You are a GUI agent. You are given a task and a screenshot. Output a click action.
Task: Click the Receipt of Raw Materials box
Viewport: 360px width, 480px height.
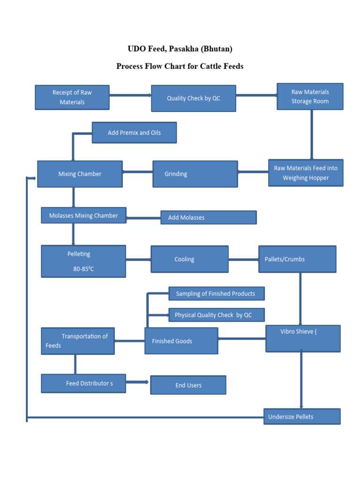coord(72,97)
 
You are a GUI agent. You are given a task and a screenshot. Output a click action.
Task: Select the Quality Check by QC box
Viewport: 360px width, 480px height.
coord(193,98)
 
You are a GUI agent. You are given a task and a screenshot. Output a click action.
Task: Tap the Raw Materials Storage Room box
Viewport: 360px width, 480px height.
coord(310,97)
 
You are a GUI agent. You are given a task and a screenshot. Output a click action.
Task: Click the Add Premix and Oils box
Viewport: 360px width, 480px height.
coord(134,133)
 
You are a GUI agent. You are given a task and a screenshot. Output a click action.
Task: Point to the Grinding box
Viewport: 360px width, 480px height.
coord(195,174)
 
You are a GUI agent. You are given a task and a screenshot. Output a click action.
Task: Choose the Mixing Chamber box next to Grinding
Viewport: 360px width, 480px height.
coord(80,174)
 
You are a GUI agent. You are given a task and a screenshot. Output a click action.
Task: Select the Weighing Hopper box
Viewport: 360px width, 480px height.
coord(306,173)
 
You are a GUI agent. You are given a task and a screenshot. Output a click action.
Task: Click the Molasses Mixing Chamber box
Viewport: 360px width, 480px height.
coord(83,216)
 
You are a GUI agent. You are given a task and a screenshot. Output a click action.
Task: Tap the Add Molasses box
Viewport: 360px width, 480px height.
coord(208,217)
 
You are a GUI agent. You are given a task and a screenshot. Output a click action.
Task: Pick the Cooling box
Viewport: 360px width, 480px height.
coord(189,259)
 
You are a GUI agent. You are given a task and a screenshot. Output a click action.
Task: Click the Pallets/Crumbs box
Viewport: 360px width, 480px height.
coord(297,259)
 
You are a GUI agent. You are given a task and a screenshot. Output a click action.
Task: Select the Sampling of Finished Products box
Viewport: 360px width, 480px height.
coord(216,294)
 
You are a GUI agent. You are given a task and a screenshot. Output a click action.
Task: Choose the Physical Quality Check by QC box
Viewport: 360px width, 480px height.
coord(216,315)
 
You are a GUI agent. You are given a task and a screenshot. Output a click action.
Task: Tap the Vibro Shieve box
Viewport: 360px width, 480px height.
coord(303,338)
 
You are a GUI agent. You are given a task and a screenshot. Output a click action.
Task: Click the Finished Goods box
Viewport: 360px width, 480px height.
coord(181,341)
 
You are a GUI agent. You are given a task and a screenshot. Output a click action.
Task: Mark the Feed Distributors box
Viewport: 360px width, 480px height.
coord(83,383)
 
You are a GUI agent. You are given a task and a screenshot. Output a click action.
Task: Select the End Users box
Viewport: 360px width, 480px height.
coord(188,385)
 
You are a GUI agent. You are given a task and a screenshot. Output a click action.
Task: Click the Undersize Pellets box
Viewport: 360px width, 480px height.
coord(302,417)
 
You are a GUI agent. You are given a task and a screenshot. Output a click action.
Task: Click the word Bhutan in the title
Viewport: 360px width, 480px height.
coord(217,49)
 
